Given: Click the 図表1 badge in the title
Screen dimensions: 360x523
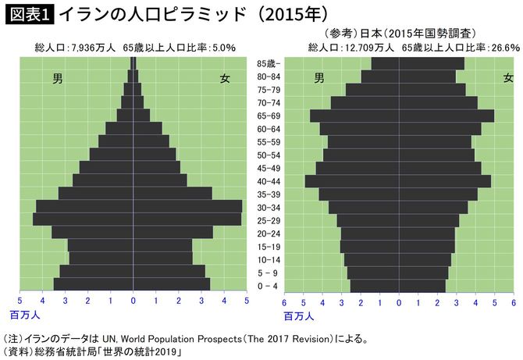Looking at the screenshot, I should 28,13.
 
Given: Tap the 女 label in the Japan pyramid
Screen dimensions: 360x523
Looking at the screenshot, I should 508,78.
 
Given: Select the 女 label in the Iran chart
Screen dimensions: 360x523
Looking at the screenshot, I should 225,78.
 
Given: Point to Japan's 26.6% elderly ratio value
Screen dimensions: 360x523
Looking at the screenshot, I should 503,48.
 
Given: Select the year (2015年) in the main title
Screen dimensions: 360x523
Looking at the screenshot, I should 283,13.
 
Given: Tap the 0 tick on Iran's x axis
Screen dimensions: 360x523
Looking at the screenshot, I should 133,299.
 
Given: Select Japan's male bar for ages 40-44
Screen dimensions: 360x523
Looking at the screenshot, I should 351,181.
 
